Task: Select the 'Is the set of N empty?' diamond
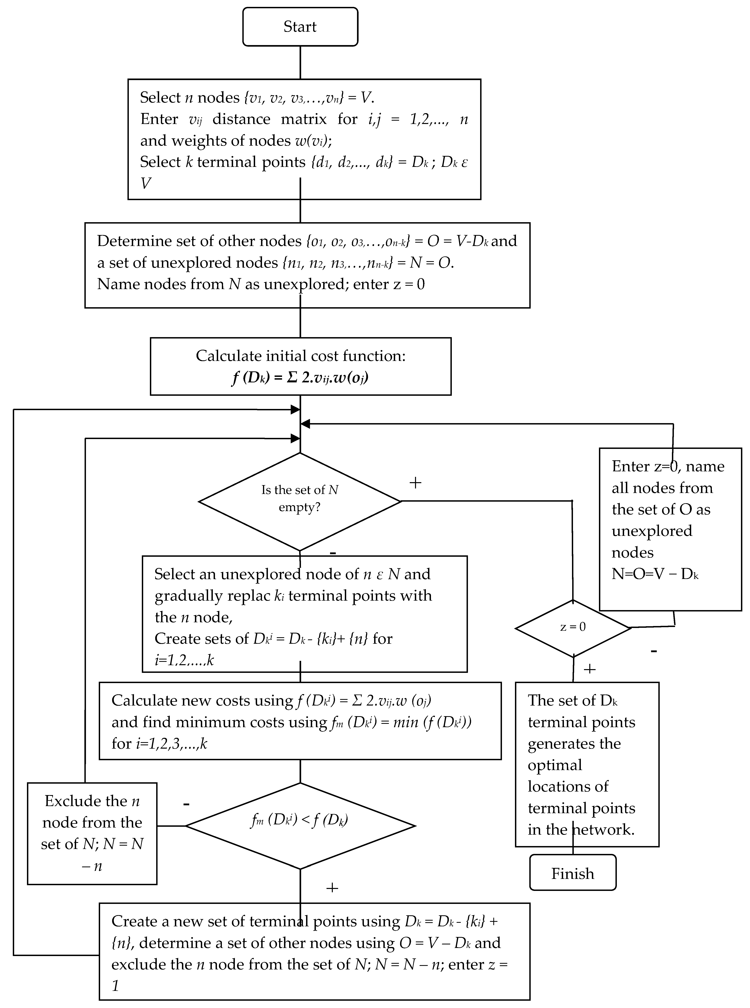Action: coord(300,501)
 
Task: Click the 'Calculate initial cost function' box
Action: coord(301,366)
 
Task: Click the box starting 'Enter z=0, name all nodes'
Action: coord(670,529)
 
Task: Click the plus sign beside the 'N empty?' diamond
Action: coord(415,482)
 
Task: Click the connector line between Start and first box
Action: coord(300,62)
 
